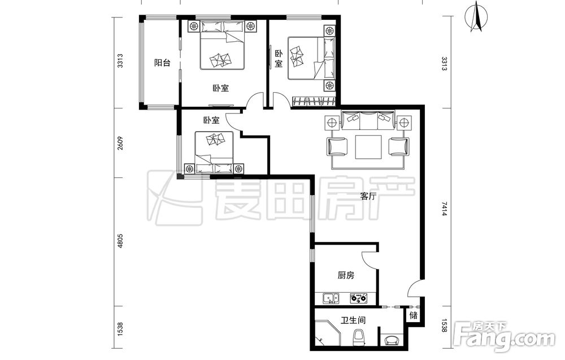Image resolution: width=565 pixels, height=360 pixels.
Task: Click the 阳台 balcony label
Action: pyautogui.click(x=162, y=63)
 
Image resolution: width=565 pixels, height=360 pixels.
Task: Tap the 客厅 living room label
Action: pyautogui.click(x=368, y=197)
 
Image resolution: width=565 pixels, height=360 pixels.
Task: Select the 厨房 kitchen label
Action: pyautogui.click(x=346, y=276)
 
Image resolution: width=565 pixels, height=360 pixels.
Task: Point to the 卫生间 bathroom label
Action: pyautogui.click(x=353, y=320)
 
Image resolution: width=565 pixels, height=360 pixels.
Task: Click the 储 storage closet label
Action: pyautogui.click(x=414, y=315)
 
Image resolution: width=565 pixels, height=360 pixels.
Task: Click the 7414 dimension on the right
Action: pyautogui.click(x=444, y=209)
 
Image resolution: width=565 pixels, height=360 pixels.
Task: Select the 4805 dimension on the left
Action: pyautogui.click(x=120, y=241)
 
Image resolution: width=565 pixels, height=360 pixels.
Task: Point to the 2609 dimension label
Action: pyautogui.click(x=120, y=143)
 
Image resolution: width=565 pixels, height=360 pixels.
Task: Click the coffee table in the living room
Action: pyautogui.click(x=368, y=147)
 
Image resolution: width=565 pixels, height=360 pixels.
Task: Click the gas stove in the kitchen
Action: pyautogui.click(x=359, y=298)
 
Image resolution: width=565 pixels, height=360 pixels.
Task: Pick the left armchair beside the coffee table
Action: pyautogui.click(x=338, y=147)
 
